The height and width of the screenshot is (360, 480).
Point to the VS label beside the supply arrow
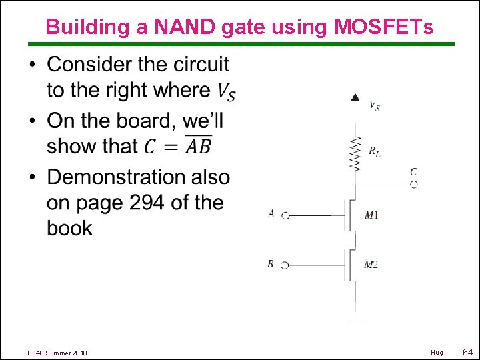[x=375, y=105]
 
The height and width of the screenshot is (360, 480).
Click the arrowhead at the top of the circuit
[x=355, y=98]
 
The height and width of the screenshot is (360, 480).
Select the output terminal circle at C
[x=413, y=185]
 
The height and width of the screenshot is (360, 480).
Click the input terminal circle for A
[x=285, y=215]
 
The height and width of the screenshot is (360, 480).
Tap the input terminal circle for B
[x=285, y=265]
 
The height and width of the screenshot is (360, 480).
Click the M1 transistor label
[x=371, y=215]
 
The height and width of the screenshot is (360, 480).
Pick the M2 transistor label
[x=371, y=265]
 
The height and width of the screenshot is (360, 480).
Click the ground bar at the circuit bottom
[x=355, y=321]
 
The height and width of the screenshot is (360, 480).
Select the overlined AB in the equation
[x=198, y=145]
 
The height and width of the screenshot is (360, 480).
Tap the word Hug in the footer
[x=437, y=352]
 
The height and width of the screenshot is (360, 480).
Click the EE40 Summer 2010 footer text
[x=57, y=352]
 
